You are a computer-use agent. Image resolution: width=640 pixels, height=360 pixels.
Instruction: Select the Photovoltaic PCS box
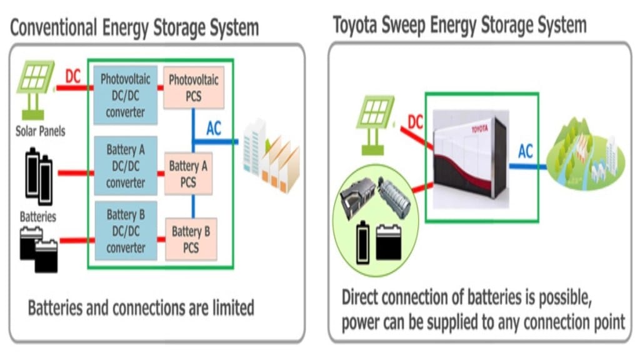(x=193, y=88)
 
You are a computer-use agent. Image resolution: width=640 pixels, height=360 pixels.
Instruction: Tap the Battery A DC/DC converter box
(x=126, y=166)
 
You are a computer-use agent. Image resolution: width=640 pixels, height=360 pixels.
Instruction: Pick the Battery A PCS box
(x=189, y=173)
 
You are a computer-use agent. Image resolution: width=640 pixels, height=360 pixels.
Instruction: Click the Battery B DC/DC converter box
(x=126, y=231)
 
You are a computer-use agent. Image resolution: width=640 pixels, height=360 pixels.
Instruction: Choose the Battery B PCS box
(x=191, y=239)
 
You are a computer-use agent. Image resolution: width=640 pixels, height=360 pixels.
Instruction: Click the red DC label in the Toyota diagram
(x=416, y=122)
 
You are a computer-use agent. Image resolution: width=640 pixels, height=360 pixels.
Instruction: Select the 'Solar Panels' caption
(x=40, y=132)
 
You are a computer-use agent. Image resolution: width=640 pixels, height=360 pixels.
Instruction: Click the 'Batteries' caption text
(x=38, y=217)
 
